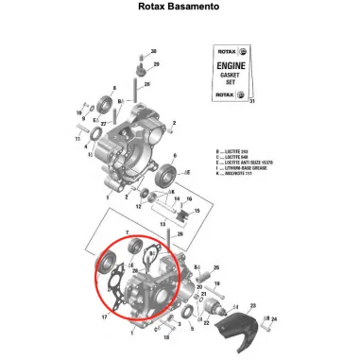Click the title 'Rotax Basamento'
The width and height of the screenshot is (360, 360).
coord(180,6)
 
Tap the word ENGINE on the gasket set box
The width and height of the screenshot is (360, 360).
coord(228,68)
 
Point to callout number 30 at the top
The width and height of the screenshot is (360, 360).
coord(154,50)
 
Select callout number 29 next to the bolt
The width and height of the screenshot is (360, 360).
coord(158,63)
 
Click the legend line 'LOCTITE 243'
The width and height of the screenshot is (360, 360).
coord(232,151)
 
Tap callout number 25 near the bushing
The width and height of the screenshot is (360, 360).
coord(216,267)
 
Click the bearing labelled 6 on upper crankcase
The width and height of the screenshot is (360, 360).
coord(173,174)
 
